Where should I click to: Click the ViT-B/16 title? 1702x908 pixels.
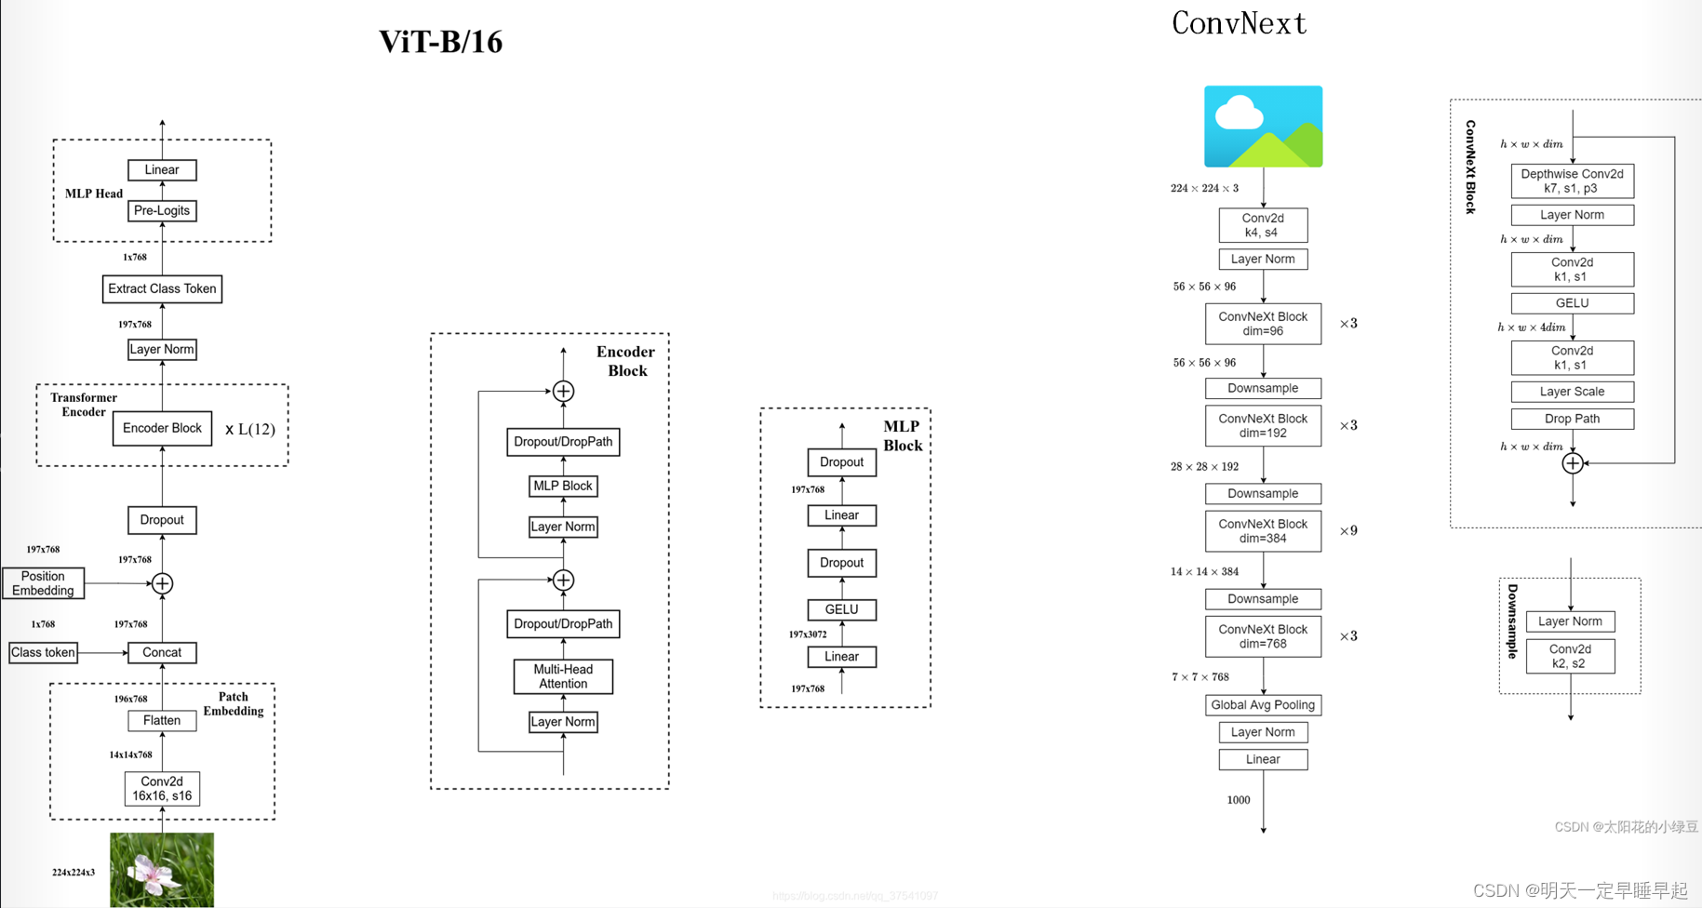coord(440,42)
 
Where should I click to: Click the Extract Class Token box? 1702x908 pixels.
coord(162,288)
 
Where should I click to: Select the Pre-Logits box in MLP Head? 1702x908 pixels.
coord(162,210)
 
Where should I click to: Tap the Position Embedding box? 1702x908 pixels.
coord(43,583)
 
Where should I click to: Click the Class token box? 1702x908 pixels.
coord(43,652)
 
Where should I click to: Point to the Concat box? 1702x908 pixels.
coord(162,652)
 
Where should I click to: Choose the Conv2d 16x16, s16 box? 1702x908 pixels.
coord(162,789)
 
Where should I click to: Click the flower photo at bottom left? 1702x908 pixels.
coord(162,870)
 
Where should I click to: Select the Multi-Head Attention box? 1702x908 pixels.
coord(563,676)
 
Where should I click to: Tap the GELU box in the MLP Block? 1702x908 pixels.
coord(841,609)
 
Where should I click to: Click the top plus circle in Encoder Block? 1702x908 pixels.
coord(563,392)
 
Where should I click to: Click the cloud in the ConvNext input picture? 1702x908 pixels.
coord(1239,114)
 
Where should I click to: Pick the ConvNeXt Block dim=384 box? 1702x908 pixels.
coord(1263,531)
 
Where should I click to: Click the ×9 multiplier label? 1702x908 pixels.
coord(1348,531)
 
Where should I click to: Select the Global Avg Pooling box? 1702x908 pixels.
coord(1263,705)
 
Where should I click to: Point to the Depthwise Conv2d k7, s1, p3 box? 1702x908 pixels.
coord(1572,180)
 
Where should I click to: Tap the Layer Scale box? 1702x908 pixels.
coord(1572,392)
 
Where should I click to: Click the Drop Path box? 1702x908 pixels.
coord(1572,419)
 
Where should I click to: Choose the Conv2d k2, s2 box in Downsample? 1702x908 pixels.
coord(1570,656)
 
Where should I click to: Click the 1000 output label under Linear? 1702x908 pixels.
coord(1239,800)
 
